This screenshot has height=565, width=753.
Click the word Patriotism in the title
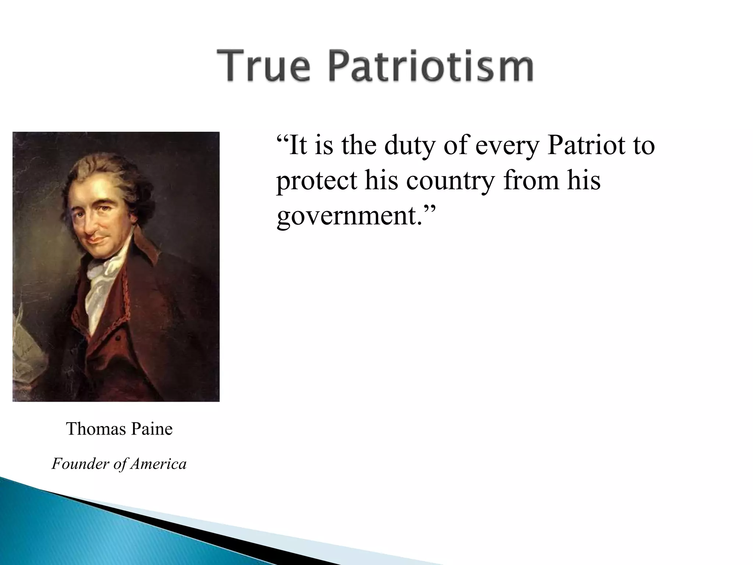point(430,66)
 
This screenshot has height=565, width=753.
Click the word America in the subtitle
point(158,463)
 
